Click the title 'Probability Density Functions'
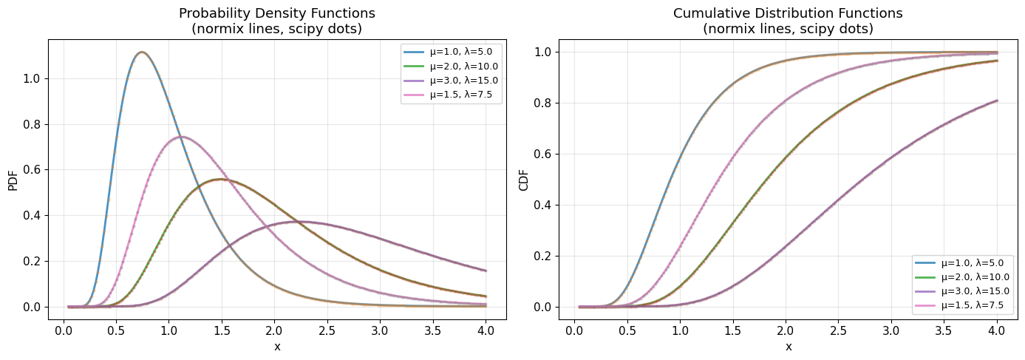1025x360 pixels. pos(277,13)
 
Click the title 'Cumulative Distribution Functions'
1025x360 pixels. pos(788,13)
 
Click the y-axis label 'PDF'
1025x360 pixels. pos(13,179)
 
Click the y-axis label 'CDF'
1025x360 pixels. pos(524,179)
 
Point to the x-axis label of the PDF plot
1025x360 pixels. pos(277,346)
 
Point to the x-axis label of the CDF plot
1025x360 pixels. pos(788,346)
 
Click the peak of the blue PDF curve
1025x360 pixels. pos(142,52)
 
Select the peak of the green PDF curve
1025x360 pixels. pos(221,179)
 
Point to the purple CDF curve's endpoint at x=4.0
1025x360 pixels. pos(997,101)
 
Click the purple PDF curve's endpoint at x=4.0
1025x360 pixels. pos(486,271)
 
